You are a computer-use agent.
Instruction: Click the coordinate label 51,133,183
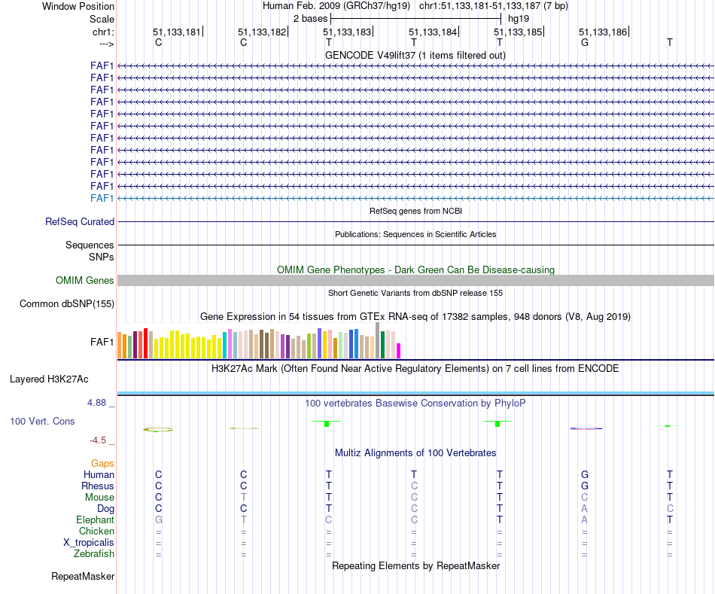click(347, 32)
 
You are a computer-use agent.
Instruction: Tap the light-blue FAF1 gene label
click(102, 198)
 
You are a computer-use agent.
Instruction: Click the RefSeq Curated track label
click(80, 222)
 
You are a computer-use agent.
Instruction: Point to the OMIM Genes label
click(85, 281)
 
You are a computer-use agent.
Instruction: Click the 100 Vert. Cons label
click(42, 422)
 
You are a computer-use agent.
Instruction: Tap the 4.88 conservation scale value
click(99, 403)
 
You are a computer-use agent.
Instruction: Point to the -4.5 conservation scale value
click(102, 440)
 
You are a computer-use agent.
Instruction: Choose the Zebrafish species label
click(94, 554)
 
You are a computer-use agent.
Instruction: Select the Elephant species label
click(95, 520)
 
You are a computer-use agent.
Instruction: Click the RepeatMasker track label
click(83, 577)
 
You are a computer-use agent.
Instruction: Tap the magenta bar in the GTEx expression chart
click(399, 351)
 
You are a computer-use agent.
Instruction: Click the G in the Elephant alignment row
click(158, 520)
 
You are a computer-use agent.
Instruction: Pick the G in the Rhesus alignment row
click(584, 486)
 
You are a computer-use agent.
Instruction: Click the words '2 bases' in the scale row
click(310, 17)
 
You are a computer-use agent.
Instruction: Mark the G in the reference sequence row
click(584, 43)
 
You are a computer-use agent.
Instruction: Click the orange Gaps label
click(102, 464)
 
